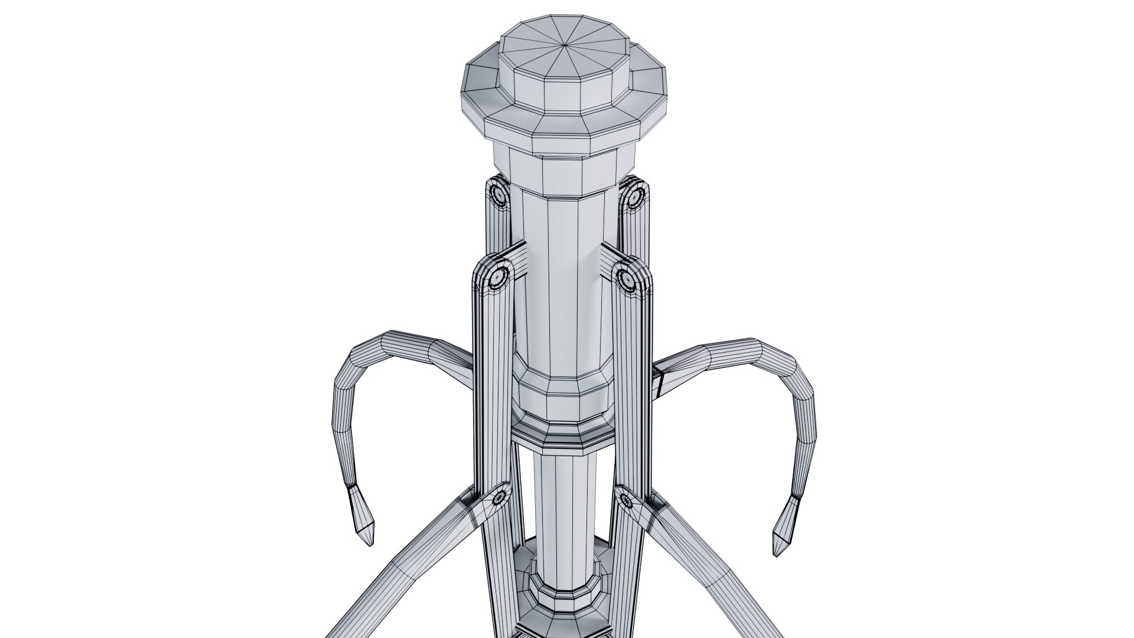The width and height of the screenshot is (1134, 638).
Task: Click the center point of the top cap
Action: [565, 44]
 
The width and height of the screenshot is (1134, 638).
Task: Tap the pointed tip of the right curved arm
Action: [778, 551]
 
